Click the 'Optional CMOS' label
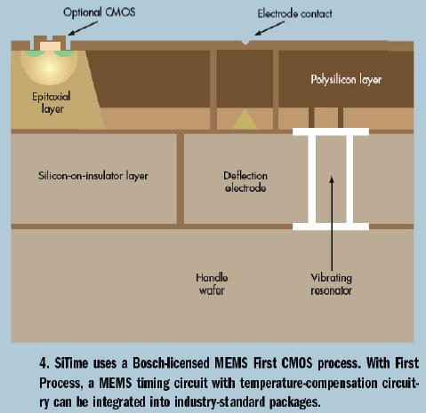(x=100, y=12)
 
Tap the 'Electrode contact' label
(x=294, y=13)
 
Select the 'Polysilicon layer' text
(x=346, y=79)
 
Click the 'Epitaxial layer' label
(x=52, y=102)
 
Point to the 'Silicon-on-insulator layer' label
(x=93, y=176)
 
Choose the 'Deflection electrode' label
(x=245, y=182)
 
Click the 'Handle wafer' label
(x=212, y=284)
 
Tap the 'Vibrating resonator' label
(x=332, y=284)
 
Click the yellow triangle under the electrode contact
(x=245, y=119)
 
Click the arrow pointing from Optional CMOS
(x=83, y=28)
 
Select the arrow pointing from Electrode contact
(x=269, y=28)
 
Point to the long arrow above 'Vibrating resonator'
(x=332, y=223)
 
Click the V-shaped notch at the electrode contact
(x=245, y=44)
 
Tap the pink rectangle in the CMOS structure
(x=50, y=46)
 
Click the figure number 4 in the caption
(x=44, y=363)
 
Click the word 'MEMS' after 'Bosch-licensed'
(x=231, y=363)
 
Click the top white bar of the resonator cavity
(x=331, y=131)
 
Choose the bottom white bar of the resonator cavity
(x=331, y=226)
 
